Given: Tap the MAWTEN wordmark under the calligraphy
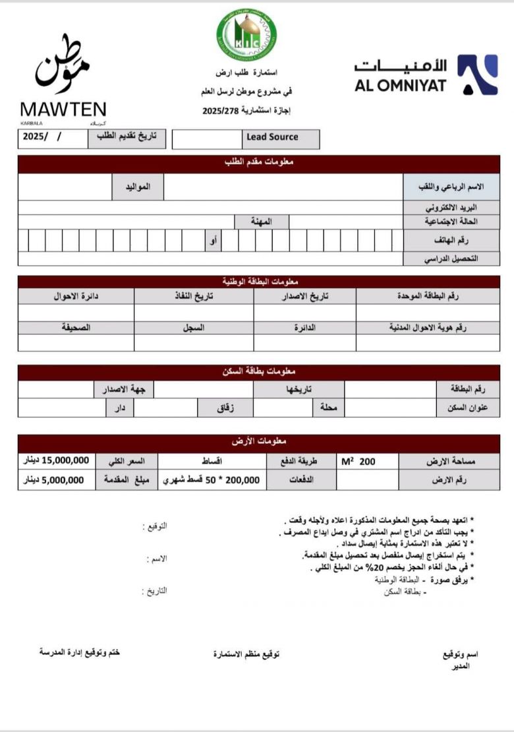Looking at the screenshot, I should (63, 109).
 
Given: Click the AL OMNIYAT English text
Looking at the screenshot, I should (401, 85).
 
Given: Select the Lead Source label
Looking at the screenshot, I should (271, 137).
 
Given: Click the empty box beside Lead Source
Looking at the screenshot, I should (207, 138).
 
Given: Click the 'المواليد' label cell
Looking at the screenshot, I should (138, 187).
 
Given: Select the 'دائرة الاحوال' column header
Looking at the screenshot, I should (76, 296).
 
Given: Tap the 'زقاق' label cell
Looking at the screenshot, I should (225, 408).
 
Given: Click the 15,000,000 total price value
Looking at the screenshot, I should (57, 461).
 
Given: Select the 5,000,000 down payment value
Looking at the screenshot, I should (57, 480).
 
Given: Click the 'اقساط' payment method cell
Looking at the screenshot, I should (212, 461).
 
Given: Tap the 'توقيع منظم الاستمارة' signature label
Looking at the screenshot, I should (246, 654).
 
